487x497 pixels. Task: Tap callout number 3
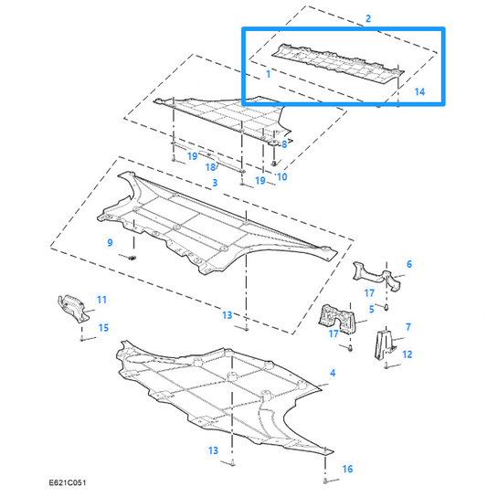[x=214, y=184]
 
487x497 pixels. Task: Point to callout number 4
[x=333, y=373]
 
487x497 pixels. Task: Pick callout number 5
[x=371, y=310]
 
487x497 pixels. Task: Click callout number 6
[x=408, y=264]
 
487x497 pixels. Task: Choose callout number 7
[x=408, y=326]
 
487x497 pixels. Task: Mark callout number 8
[x=284, y=144]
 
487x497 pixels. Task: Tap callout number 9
[x=110, y=243]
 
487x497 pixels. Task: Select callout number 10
[x=282, y=176]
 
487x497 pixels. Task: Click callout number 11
[x=101, y=300]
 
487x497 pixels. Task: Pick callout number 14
[x=419, y=91]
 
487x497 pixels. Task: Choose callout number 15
[x=103, y=327]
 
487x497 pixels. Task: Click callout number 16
[x=346, y=469]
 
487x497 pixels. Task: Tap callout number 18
[x=209, y=167]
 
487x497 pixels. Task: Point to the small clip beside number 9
[x=133, y=259]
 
